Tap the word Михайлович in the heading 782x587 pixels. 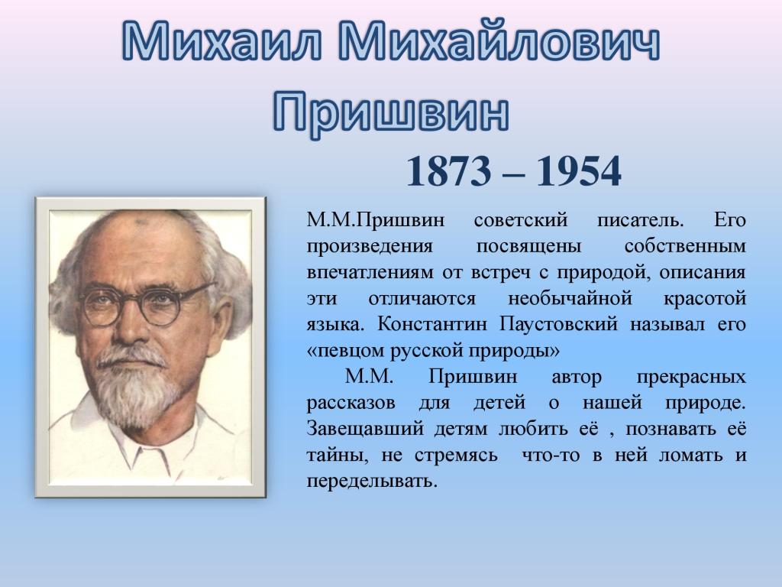[x=499, y=42]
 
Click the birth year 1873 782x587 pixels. [x=449, y=171]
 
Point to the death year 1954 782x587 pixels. [x=578, y=171]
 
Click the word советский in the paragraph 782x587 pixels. [x=521, y=219]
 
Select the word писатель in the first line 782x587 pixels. [x=641, y=219]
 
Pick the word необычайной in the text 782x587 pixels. [x=570, y=299]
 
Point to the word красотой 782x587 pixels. [x=705, y=299]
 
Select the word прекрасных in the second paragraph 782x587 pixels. [x=691, y=378]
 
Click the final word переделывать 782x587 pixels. [x=372, y=482]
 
